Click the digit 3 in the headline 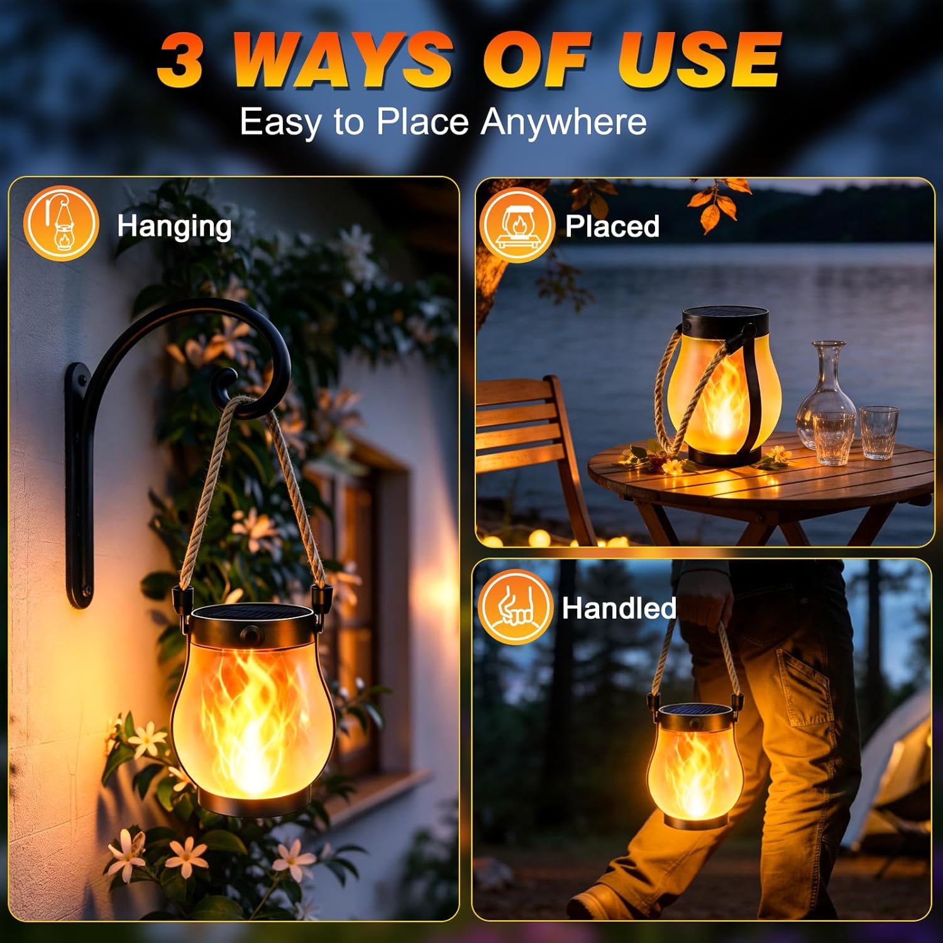pos(180,60)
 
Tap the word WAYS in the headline pos(343,59)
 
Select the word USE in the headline pos(700,59)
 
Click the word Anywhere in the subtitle pos(564,122)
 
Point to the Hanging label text pos(174,227)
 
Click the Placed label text pos(612,226)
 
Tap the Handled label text pos(619,608)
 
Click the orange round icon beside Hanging pos(61,223)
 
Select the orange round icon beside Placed pos(517,224)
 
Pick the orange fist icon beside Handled pos(516,607)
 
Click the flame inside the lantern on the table pos(723,402)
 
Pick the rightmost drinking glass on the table pos(879,433)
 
